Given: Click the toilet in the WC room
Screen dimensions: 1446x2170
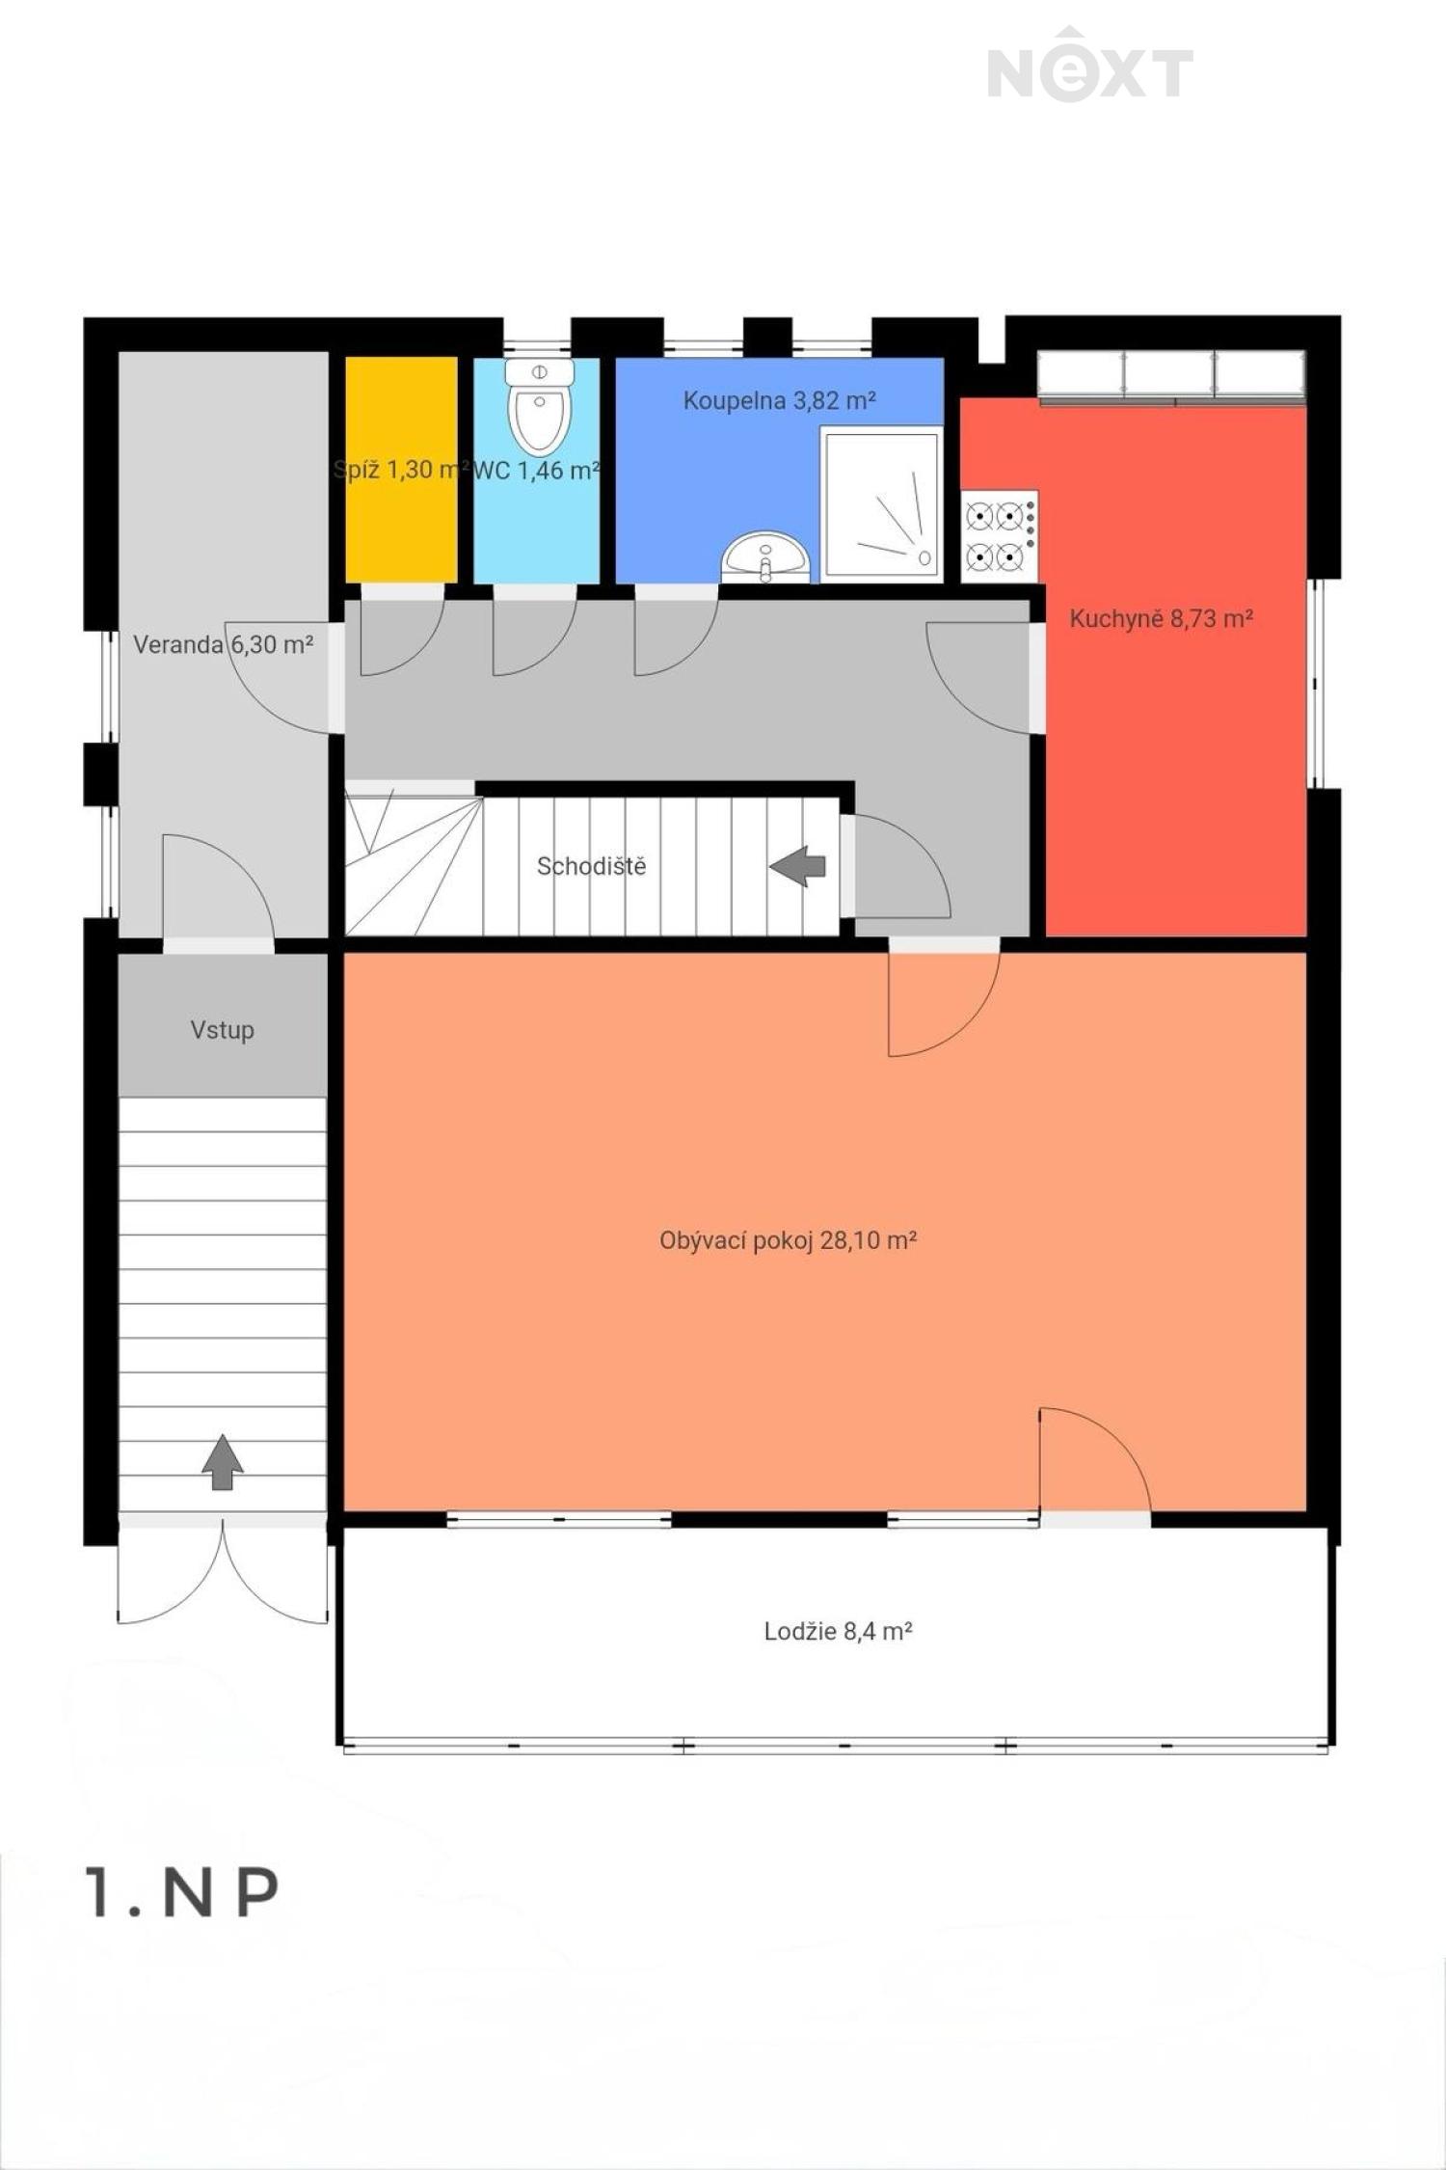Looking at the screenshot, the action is point(539,406).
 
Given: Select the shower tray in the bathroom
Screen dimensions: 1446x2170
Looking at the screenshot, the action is point(881,502).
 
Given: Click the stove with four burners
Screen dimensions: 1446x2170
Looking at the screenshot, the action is point(1000,536).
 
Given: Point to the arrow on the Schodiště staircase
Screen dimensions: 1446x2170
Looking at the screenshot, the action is point(797,866).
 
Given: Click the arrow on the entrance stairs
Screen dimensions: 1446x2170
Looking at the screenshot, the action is point(223,1461).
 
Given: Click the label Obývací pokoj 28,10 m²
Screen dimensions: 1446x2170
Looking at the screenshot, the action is point(788,1240).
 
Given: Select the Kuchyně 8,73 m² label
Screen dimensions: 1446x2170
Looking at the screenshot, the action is point(1161,618).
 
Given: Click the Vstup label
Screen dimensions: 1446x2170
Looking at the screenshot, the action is point(223,1030).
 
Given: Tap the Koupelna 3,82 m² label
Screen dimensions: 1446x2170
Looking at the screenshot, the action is point(779,400).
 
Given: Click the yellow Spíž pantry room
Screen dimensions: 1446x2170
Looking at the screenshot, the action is point(401,470).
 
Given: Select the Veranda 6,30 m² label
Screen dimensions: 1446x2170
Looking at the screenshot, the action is point(223,644).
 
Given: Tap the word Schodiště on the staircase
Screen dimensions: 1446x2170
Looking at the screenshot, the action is point(591,866).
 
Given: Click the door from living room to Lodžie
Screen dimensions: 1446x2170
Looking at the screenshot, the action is point(1095,1462).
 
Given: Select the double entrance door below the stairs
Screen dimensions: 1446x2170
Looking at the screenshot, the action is point(223,1570).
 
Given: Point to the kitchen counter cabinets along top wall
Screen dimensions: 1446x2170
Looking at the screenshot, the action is point(1171,375).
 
